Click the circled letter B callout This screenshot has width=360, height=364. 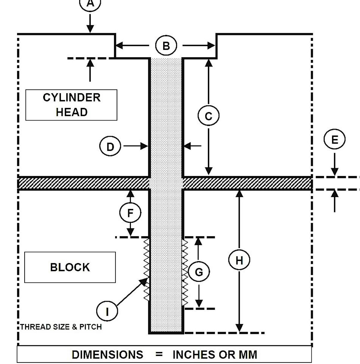pyautogui.click(x=166, y=46)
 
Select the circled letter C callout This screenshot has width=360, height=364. pyautogui.click(x=208, y=116)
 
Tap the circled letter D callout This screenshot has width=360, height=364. pyautogui.click(x=110, y=147)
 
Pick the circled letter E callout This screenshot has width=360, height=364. pyautogui.click(x=334, y=139)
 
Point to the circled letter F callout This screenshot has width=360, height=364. pyautogui.click(x=130, y=213)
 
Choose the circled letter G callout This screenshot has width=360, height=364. pyautogui.click(x=199, y=272)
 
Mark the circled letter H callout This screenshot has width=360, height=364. pyautogui.click(x=239, y=260)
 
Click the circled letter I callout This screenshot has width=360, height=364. pyautogui.click(x=107, y=312)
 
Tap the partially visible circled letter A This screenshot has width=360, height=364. pyautogui.click(x=90, y=4)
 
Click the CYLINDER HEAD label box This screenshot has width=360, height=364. pyautogui.click(x=71, y=105)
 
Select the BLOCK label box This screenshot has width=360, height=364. pyautogui.click(x=70, y=267)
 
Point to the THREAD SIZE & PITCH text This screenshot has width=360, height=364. pyautogui.click(x=61, y=327)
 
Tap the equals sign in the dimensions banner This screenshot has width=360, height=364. pyautogui.click(x=159, y=355)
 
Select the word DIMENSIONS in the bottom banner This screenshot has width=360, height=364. pyautogui.click(x=107, y=355)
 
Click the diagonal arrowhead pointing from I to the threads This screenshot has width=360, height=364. pyautogui.click(x=144, y=281)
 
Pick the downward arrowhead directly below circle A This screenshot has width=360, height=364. pyautogui.click(x=90, y=29)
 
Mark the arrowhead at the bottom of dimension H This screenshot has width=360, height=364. pyautogui.click(x=239, y=328)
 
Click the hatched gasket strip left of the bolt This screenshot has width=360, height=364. pyautogui.click(x=84, y=183)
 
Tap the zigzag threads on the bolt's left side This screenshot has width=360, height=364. pyautogui.click(x=147, y=268)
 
